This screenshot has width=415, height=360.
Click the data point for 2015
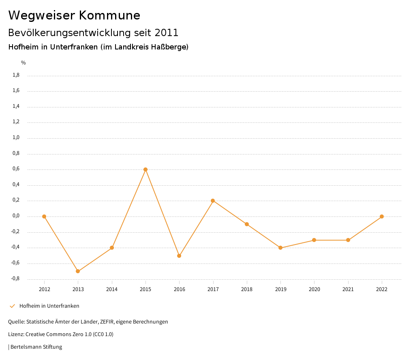145,169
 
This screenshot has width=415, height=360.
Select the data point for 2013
78,271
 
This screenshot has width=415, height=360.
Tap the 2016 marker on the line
179,256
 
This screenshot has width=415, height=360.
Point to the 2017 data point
213,201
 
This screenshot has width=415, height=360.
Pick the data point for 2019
280,248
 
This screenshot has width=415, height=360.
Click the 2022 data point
382,216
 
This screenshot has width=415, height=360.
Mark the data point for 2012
44,216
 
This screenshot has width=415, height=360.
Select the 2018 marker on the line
247,224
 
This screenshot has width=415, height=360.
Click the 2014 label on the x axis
112,289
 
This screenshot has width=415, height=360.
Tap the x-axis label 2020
314,289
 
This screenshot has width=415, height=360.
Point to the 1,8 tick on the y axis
16,75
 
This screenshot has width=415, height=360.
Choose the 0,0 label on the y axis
16,216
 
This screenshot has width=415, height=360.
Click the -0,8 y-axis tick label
15,279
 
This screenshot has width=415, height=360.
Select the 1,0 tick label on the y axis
16,137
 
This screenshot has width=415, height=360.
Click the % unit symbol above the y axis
24,63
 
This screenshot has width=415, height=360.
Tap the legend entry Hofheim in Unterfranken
49,306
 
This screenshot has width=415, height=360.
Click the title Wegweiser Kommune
74,15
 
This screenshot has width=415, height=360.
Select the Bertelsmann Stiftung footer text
36,347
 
